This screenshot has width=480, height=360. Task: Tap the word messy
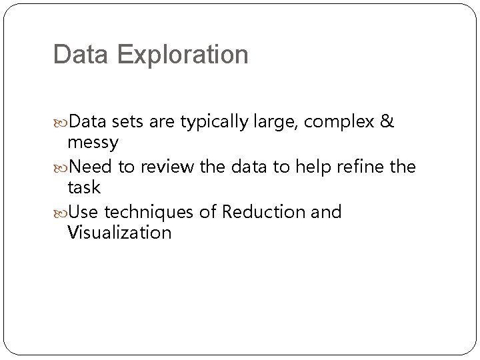pos(93,141)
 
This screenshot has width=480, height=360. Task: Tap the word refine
pos(361,167)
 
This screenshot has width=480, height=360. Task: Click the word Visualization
pos(119,232)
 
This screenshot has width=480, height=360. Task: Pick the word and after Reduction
pos(327,212)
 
